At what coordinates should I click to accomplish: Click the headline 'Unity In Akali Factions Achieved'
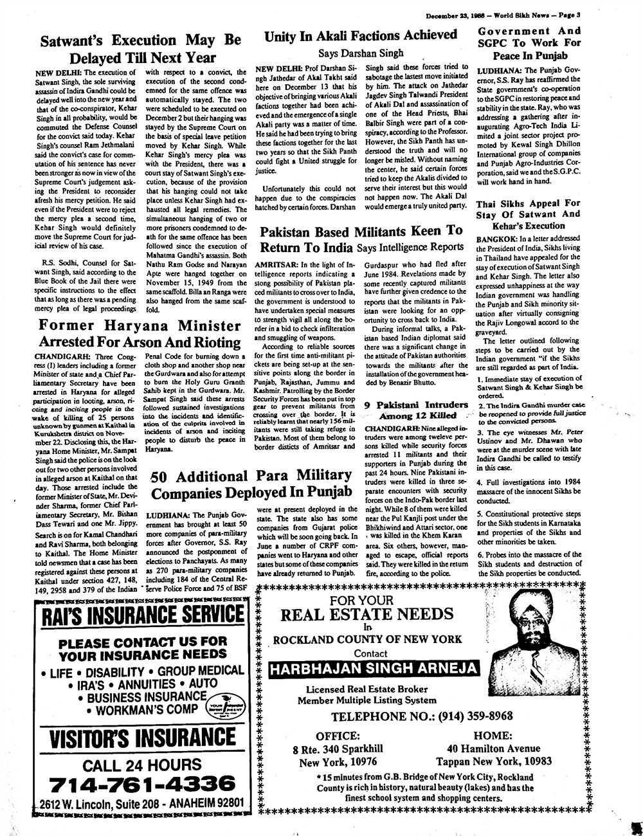361,35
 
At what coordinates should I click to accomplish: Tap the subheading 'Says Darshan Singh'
361,53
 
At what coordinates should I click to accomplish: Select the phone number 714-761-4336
141,783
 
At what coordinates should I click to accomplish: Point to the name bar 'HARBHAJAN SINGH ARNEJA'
374,668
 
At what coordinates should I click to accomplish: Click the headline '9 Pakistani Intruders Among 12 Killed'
415,410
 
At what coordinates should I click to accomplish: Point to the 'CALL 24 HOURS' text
141,765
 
